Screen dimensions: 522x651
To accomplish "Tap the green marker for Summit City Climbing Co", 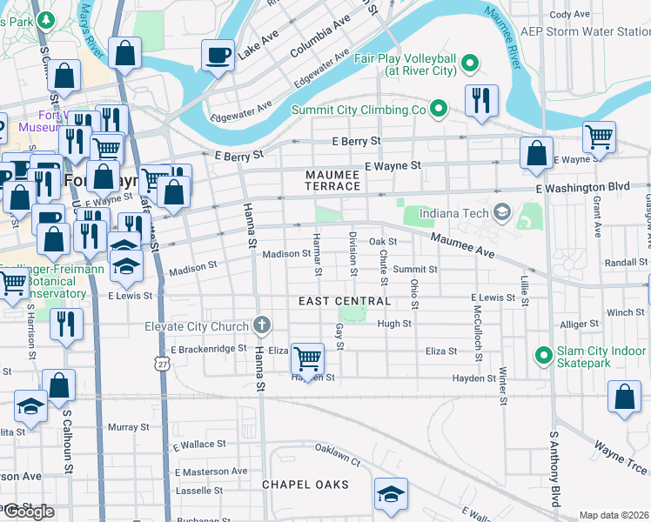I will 440,110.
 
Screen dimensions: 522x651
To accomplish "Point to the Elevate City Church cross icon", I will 261,326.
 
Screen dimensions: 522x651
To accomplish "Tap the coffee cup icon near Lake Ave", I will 218,55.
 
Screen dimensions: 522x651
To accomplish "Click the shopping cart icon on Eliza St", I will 306,357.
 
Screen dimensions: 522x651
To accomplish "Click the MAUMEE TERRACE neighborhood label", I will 332,180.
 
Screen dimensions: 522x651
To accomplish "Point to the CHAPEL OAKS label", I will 305,484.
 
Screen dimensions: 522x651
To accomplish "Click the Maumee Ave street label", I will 462,247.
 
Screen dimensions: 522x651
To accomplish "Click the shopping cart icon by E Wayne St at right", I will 598,136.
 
